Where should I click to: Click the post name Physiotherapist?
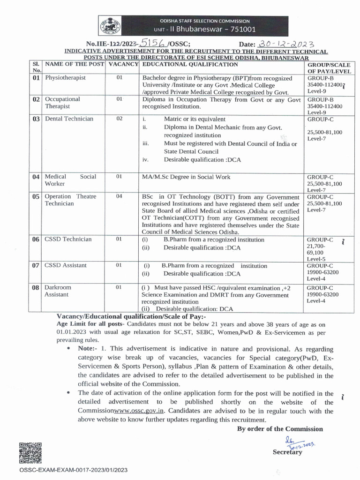click(65, 78)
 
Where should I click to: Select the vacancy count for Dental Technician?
click(120, 119)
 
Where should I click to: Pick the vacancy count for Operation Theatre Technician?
click(120, 196)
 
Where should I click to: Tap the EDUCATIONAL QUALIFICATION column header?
click(190, 64)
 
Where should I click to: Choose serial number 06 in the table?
click(36, 240)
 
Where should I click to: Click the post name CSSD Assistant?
click(66, 265)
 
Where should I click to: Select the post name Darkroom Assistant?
click(57, 291)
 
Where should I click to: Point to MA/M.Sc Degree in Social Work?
click(187, 177)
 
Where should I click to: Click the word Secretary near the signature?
click(287, 452)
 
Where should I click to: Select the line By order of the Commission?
click(280, 429)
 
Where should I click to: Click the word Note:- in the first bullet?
click(88, 349)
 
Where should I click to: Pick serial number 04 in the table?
click(36, 177)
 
